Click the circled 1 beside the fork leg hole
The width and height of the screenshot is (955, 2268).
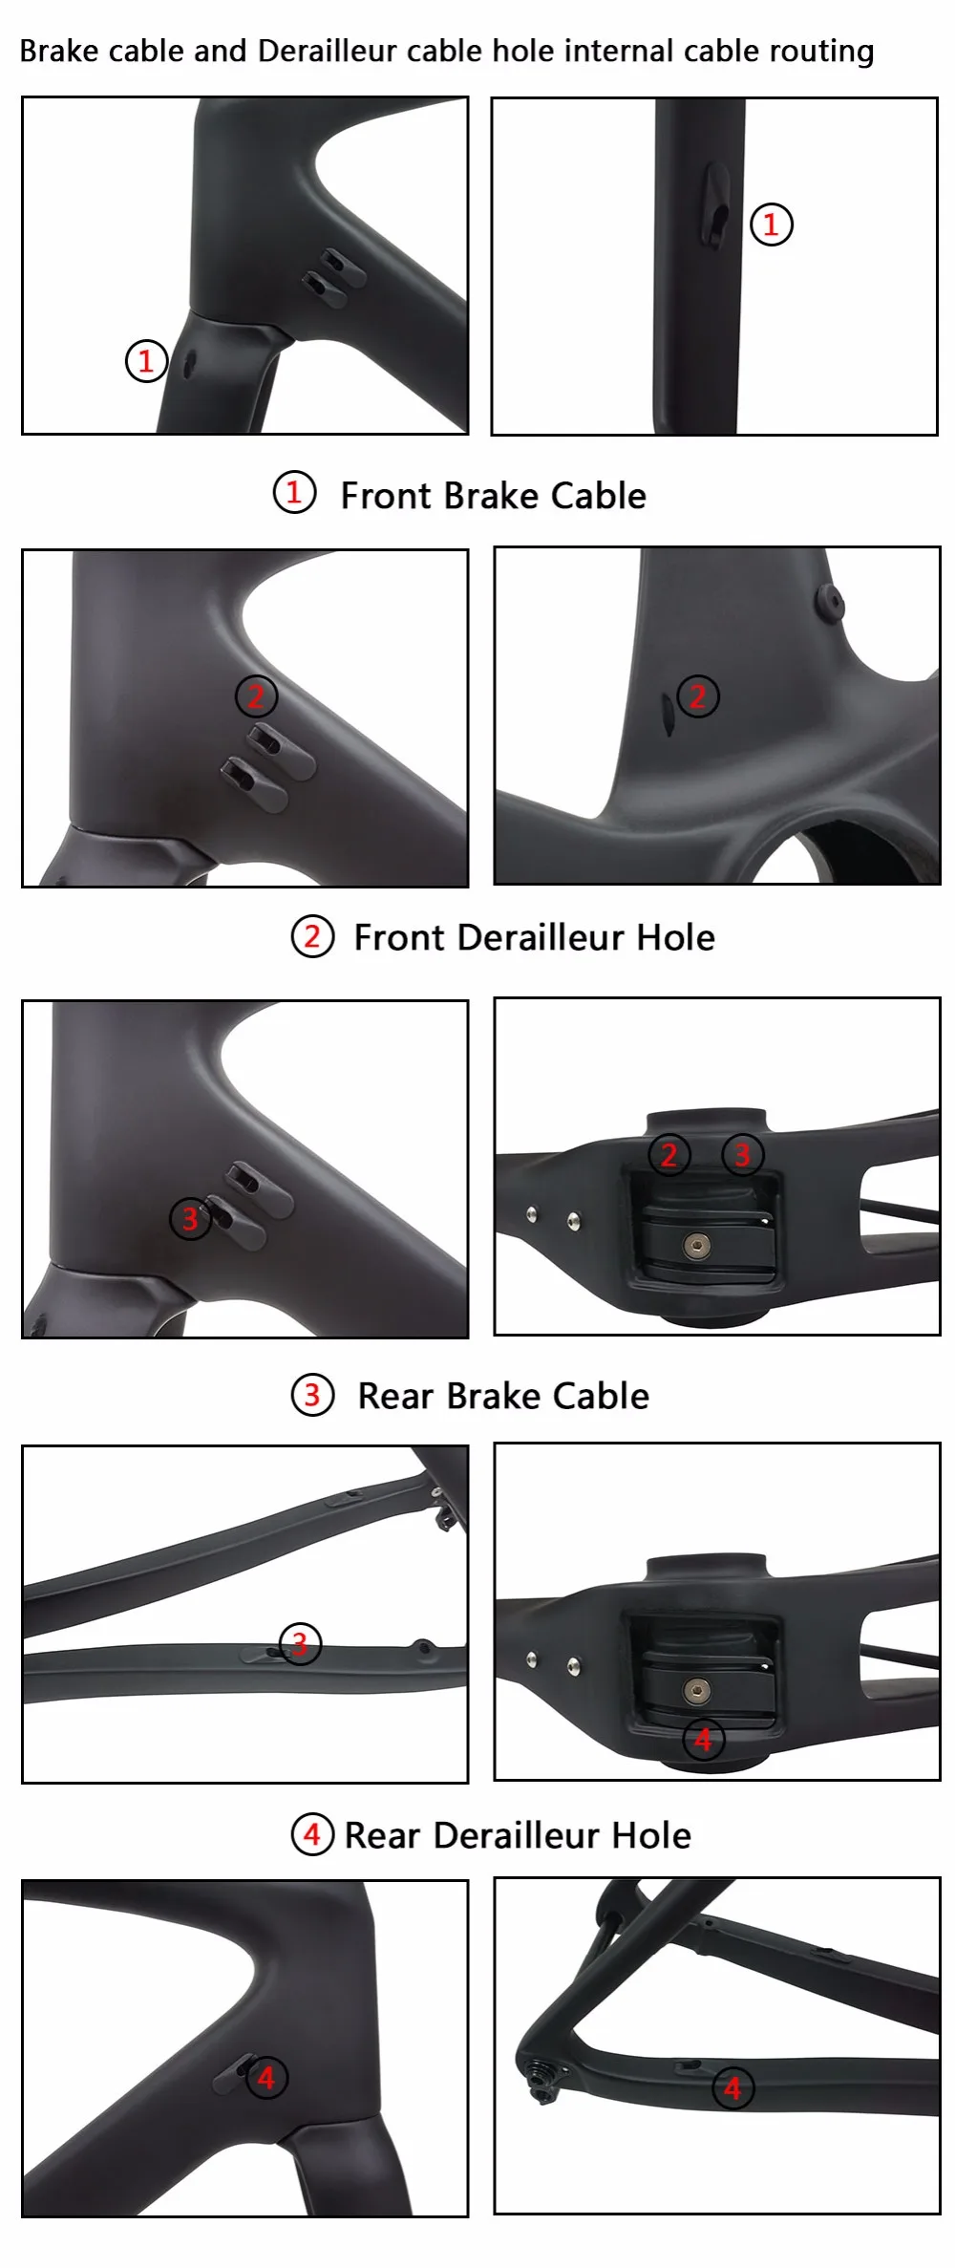point(146,361)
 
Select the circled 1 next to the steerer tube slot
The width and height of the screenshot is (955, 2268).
point(772,225)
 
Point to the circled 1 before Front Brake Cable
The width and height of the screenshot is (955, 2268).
point(294,493)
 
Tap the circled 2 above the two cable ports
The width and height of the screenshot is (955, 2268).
point(256,696)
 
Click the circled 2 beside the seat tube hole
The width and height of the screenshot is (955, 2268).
point(698,696)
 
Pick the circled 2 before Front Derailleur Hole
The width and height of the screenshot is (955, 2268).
point(312,937)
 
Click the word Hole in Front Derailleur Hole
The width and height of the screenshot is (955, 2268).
point(675,937)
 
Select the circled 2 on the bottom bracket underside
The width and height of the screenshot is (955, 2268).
point(668,1155)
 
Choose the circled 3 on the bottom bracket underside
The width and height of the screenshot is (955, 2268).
point(743,1155)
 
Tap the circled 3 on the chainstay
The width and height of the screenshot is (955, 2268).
point(300,1644)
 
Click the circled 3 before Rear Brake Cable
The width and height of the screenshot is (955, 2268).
point(312,1396)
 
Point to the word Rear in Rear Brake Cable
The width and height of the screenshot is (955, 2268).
point(395,1396)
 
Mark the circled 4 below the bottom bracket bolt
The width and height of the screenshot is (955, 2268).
point(704,1740)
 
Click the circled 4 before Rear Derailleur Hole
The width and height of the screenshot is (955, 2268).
point(312,1835)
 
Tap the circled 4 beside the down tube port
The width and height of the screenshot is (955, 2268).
point(266,2078)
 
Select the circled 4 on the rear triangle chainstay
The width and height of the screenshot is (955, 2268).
point(733,2088)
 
